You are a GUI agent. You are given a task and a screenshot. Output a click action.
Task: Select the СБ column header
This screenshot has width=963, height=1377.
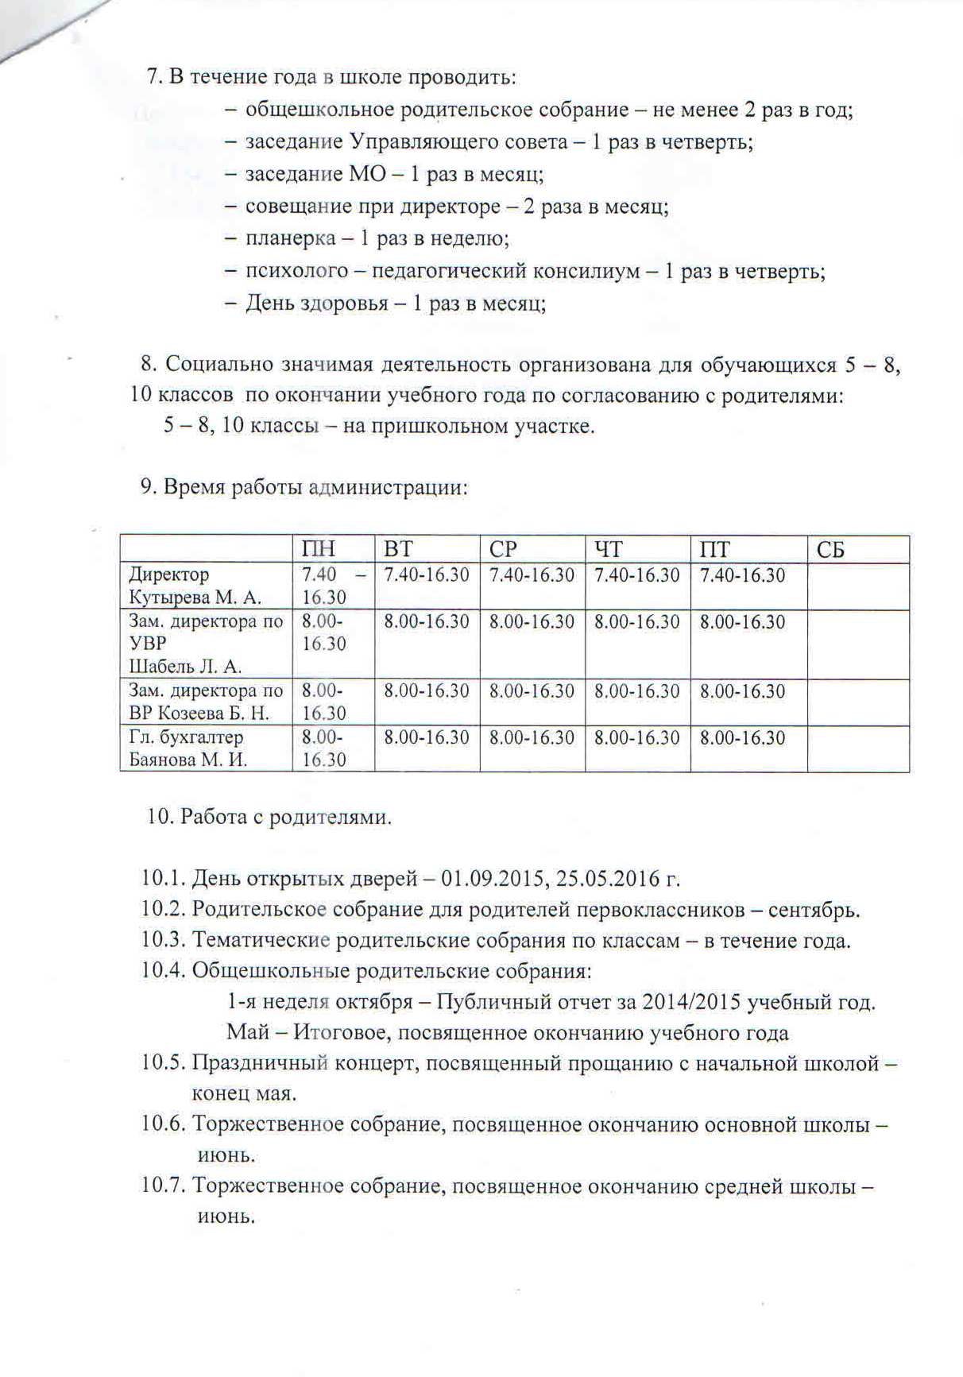(830, 550)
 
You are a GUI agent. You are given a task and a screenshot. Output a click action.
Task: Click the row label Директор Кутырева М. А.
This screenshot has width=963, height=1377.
(195, 586)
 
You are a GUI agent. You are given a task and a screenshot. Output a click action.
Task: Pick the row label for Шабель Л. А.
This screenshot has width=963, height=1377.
(185, 667)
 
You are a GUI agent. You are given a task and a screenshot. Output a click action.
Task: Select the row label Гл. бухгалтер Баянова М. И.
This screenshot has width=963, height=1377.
(188, 748)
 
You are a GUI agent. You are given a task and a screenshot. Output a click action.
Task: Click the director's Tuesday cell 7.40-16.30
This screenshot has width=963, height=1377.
(427, 575)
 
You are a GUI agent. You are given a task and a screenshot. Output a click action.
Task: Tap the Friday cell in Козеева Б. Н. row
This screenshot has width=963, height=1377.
(742, 691)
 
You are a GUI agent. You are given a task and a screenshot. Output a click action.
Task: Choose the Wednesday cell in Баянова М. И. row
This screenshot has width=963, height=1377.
(532, 737)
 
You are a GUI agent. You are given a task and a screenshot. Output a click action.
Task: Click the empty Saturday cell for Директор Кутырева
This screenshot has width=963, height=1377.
(858, 586)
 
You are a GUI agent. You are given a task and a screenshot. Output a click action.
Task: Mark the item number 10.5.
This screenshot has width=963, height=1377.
(164, 1063)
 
